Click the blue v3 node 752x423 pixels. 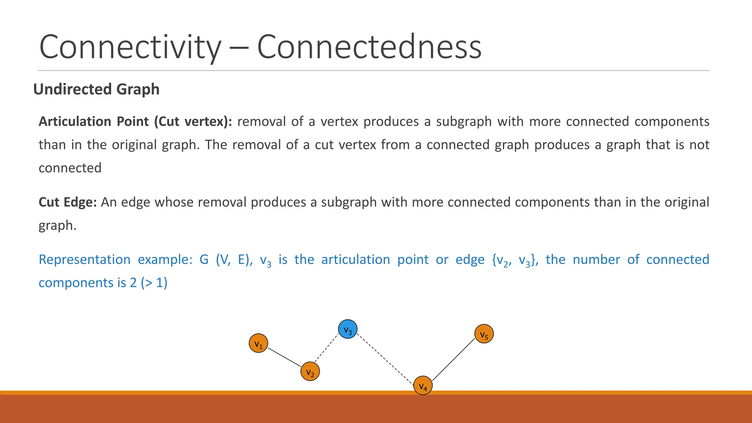point(348,329)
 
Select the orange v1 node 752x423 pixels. point(258,343)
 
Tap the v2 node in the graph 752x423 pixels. point(310,372)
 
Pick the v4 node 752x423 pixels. point(423,386)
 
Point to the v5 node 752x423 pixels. point(484,334)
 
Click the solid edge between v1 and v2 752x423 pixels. point(285,357)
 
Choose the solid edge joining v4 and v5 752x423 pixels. point(454,359)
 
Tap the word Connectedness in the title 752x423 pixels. point(369,47)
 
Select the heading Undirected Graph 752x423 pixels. point(96,89)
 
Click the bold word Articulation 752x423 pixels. point(75,122)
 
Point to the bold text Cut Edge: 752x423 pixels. point(68,202)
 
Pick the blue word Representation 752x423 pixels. point(84,260)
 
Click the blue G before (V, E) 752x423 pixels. point(204,260)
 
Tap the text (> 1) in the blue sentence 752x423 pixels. point(154,283)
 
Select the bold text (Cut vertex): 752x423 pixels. point(193,122)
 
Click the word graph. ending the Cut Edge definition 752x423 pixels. point(58,225)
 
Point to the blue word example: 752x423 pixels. point(165,260)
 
